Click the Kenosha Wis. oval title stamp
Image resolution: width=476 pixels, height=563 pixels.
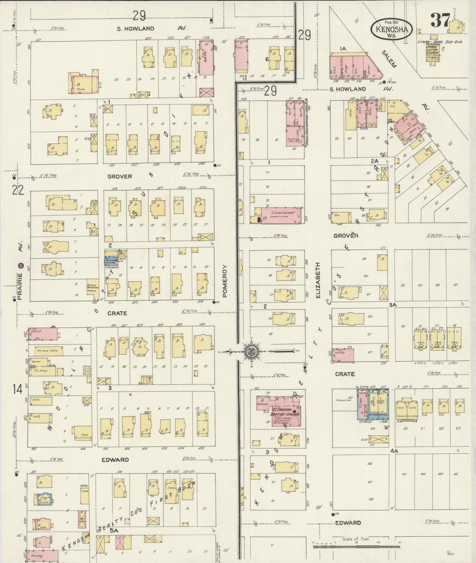tap(391, 29)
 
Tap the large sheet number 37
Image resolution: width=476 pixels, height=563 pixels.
tap(440, 20)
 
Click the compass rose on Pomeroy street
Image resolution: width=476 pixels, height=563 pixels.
tap(251, 352)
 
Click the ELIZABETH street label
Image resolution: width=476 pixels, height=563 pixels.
tap(318, 280)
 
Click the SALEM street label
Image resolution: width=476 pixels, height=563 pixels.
tap(389, 59)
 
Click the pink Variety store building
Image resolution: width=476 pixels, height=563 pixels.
tap(343, 355)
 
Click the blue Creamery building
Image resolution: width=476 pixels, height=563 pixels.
tap(110, 261)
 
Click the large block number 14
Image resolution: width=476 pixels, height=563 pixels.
tap(17, 389)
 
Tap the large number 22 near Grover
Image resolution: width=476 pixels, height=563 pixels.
tap(18, 190)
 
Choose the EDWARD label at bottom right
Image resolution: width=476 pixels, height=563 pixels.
tap(348, 522)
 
